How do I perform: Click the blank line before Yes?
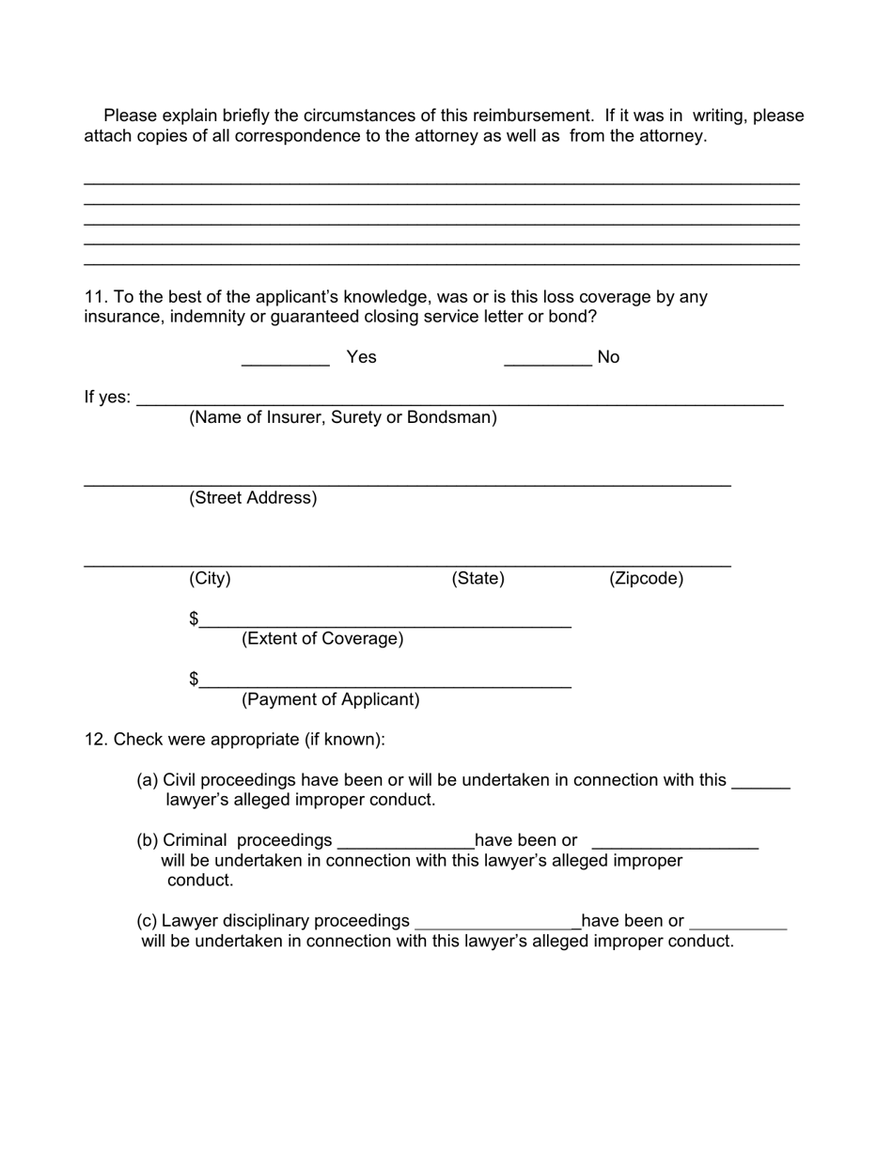click(x=285, y=362)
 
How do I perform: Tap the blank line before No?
click(x=547, y=362)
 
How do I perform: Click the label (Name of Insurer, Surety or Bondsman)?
click(x=343, y=417)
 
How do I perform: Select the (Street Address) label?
click(x=253, y=498)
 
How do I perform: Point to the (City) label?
click(x=210, y=579)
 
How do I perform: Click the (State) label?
click(x=478, y=579)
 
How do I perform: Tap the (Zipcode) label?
click(x=646, y=579)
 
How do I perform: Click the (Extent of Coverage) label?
click(x=322, y=639)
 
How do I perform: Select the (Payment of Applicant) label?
click(x=330, y=699)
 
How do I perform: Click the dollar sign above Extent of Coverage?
click(x=194, y=618)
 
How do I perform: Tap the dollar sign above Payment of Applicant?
click(x=194, y=679)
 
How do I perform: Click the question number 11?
click(x=96, y=297)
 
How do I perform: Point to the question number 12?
click(x=96, y=740)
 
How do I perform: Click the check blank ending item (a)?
click(x=760, y=786)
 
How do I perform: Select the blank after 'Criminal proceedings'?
click(x=405, y=846)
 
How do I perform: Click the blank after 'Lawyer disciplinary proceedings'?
click(x=495, y=927)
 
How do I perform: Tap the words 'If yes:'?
click(x=107, y=398)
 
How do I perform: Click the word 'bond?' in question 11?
click(x=572, y=317)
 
